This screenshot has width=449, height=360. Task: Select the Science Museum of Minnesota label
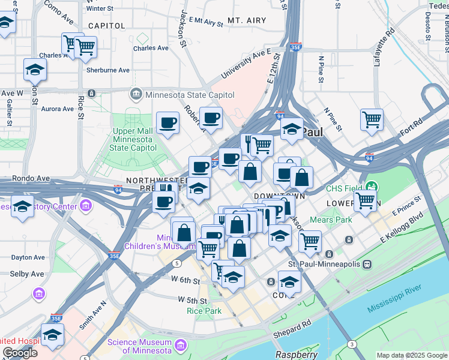pos(140,346)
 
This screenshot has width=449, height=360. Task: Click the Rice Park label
pos(204,311)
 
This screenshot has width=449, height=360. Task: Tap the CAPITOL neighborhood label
pos(106,26)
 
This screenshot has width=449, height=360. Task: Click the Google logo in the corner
pos(20,353)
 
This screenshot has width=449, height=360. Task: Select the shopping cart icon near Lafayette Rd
pos(372,119)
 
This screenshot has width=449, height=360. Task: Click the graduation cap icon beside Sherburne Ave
pos(35,69)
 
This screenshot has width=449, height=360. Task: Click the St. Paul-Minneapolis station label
pos(324,265)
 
